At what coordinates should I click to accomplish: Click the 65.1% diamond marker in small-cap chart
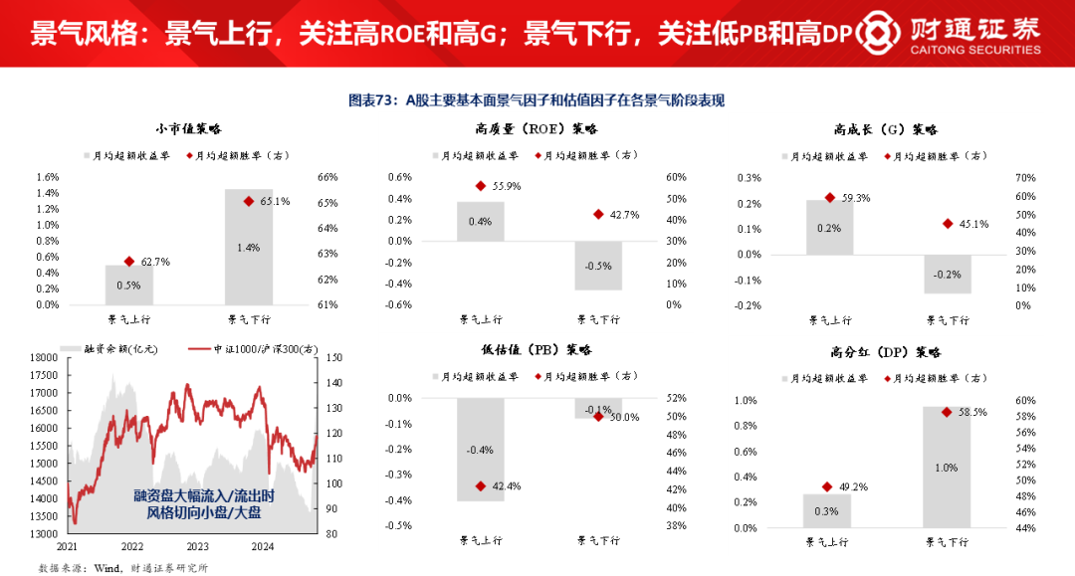tap(249, 201)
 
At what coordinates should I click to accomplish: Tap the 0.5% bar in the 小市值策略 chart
tap(129, 285)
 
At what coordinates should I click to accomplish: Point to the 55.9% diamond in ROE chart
tap(481, 185)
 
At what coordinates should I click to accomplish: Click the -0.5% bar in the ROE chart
tap(598, 266)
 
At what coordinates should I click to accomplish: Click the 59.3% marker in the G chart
tap(830, 198)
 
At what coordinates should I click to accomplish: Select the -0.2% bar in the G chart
tap(947, 274)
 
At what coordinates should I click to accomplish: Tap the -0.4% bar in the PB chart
tap(480, 449)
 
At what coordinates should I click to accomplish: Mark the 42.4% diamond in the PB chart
tap(481, 485)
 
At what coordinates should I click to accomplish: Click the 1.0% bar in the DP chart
tap(947, 467)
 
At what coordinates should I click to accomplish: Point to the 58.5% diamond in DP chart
tap(947, 411)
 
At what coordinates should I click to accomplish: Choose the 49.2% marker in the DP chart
tap(827, 486)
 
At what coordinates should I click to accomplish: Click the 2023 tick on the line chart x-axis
tap(198, 546)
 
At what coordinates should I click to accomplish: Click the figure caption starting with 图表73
tap(537, 99)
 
